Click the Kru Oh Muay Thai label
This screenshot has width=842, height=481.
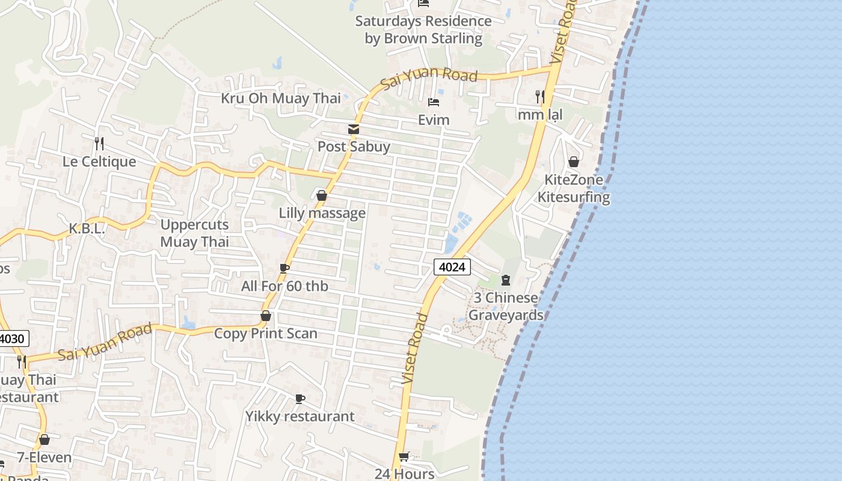280,98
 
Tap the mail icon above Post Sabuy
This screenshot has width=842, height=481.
353,129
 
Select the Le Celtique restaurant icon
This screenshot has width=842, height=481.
99,144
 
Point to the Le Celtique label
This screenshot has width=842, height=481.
99,162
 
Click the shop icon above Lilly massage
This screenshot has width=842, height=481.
322,195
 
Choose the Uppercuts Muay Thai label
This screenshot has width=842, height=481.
194,233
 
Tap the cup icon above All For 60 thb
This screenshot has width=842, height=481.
284,268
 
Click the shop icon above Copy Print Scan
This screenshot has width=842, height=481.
265,316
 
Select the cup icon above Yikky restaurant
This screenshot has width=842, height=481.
300,399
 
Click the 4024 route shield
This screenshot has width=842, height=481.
452,266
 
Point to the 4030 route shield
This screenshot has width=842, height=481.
12,339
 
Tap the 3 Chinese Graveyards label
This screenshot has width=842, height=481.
505,307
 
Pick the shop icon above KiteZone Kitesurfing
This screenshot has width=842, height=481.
574,162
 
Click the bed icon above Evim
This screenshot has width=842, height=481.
434,102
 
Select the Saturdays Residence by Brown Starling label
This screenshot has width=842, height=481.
423,29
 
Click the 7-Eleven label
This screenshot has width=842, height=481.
44,458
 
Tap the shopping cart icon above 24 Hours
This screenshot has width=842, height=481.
404,456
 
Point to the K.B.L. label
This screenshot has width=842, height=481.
87,228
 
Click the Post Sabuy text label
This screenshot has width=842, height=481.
354,147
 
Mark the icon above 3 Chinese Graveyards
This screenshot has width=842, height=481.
505,280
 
